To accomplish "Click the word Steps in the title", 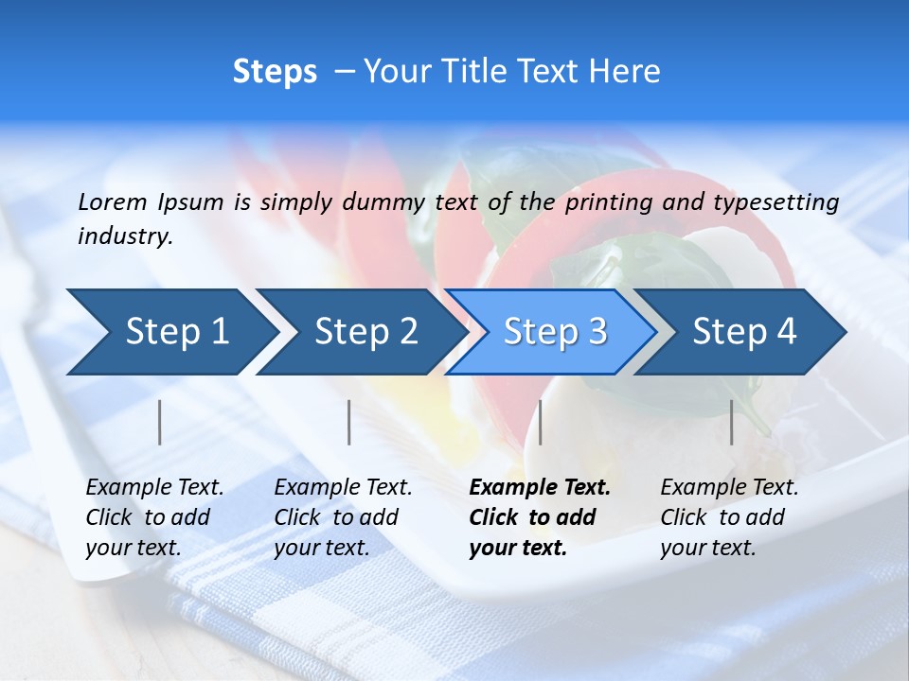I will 275,72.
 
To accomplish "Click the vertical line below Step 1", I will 160,422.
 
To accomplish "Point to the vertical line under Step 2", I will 349,422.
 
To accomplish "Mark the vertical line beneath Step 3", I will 541,422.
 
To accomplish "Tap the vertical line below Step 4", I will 732,422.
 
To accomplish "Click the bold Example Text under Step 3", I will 540,488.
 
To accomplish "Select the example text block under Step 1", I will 154,517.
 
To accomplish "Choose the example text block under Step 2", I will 343,517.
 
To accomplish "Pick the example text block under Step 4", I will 729,517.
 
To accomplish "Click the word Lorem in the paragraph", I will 112,201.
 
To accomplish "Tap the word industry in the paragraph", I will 124,236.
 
